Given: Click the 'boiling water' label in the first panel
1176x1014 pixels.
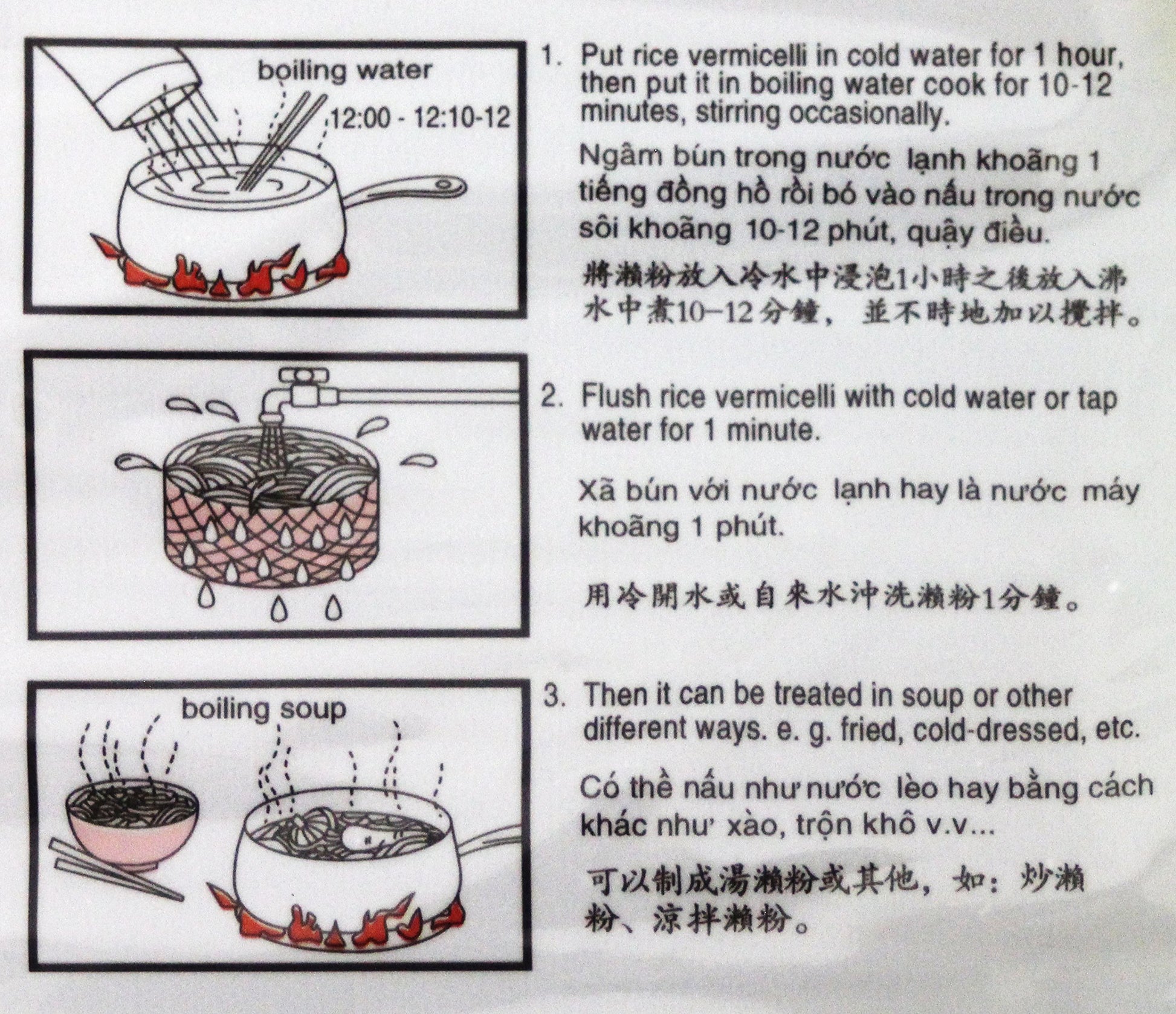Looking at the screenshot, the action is [x=345, y=71].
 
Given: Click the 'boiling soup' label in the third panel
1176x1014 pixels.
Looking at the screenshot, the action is [x=264, y=708].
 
